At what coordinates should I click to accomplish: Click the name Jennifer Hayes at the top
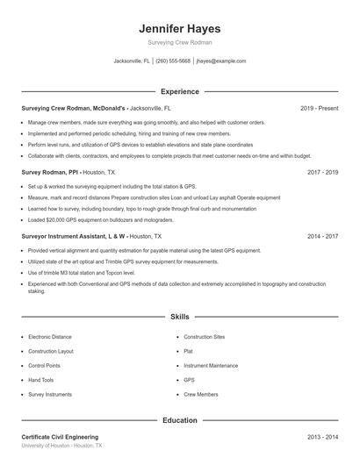(x=180, y=28)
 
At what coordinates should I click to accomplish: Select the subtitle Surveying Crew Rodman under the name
(x=180, y=42)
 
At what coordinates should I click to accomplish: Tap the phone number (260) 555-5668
(x=173, y=61)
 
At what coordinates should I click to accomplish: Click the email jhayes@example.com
(x=221, y=61)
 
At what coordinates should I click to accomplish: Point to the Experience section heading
(x=180, y=91)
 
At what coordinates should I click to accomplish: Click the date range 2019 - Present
(x=319, y=108)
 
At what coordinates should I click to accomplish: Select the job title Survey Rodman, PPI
(x=50, y=173)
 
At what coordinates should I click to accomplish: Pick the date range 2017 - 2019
(x=322, y=173)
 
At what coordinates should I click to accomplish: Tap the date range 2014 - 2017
(x=322, y=237)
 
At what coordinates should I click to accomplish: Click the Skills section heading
(x=180, y=316)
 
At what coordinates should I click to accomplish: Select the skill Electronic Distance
(x=50, y=337)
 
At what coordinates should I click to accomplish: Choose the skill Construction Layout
(x=51, y=351)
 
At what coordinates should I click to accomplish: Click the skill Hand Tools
(x=41, y=380)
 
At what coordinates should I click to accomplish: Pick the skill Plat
(x=188, y=351)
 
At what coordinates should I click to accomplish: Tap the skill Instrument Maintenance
(x=211, y=365)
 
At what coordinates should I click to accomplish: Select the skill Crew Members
(x=201, y=395)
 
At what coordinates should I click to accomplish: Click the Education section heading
(x=180, y=420)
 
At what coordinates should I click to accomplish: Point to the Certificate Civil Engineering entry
(x=60, y=437)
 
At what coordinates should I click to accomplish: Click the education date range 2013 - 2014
(x=322, y=437)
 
